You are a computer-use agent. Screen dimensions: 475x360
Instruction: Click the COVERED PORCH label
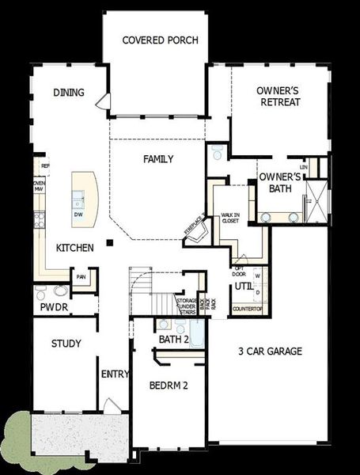click(160, 40)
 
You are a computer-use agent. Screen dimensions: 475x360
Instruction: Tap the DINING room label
click(69, 93)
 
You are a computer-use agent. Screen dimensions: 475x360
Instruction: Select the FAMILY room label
click(158, 159)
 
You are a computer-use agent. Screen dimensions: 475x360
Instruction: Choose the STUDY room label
click(66, 344)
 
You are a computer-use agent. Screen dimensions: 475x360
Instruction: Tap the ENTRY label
click(110, 374)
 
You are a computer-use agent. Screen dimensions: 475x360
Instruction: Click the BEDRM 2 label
click(168, 386)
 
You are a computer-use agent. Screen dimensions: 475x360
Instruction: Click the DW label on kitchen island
click(78, 215)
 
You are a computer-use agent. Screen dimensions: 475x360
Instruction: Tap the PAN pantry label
click(81, 277)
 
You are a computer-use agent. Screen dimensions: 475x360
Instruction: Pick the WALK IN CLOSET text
click(230, 218)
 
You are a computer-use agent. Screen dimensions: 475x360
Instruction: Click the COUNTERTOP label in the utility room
click(246, 309)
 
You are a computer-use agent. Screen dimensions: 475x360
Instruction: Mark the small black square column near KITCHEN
click(112, 242)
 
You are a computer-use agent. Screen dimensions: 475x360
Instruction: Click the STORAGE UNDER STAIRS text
click(187, 305)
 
